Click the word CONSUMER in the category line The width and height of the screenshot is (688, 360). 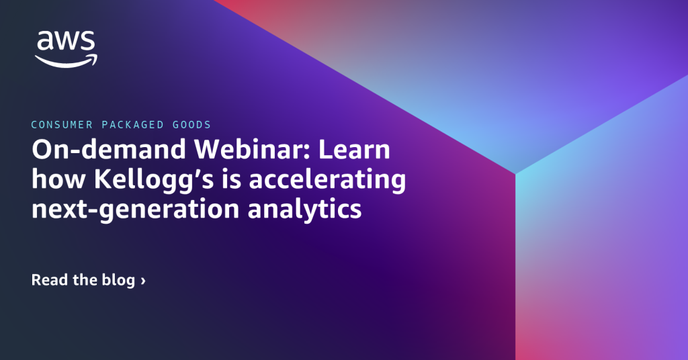62,124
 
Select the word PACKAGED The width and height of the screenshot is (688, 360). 132,124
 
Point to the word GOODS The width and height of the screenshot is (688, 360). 191,124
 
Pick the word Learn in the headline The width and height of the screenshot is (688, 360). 354,149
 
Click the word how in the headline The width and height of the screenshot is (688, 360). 58,179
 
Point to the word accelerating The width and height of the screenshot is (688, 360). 327,181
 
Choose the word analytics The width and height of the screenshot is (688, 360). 304,210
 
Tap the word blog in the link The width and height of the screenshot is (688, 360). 118,281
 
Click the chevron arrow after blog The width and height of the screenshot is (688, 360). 143,281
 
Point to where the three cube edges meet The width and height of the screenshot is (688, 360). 515,174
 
